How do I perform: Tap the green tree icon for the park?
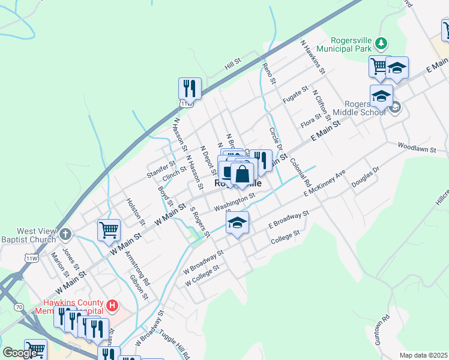point(380,43)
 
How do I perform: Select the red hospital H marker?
point(111,306)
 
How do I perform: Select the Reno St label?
point(269,73)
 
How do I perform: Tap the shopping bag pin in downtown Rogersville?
point(242,175)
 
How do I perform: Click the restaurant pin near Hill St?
point(190,89)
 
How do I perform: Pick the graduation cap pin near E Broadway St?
point(238,223)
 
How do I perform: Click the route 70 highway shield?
point(20,307)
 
